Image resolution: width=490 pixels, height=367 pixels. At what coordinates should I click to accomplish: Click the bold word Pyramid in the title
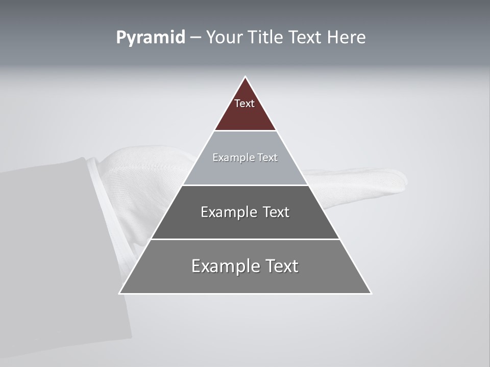150,38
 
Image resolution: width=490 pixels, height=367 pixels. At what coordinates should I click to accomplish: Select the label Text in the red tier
244,103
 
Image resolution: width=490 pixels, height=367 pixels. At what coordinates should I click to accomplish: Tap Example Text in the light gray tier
245,158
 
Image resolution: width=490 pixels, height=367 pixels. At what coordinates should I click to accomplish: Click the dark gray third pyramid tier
245,224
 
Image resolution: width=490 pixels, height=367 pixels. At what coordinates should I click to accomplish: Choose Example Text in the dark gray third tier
245,212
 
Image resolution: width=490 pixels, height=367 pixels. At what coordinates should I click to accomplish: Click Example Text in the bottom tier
245,266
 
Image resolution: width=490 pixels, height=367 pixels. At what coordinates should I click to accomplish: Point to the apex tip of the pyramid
245,77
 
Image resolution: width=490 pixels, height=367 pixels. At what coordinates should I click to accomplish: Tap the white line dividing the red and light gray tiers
245,130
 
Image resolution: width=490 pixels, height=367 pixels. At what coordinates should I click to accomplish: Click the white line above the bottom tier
245,239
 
